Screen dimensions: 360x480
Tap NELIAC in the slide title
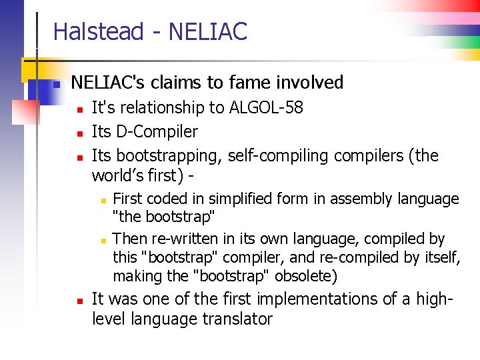pyautogui.click(x=208, y=31)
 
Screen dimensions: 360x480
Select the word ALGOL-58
pyautogui.click(x=267, y=107)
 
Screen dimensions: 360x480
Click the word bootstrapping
pyautogui.click(x=169, y=156)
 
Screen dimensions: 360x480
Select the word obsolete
pyautogui.click(x=304, y=276)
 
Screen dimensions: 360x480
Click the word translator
pyautogui.click(x=237, y=319)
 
